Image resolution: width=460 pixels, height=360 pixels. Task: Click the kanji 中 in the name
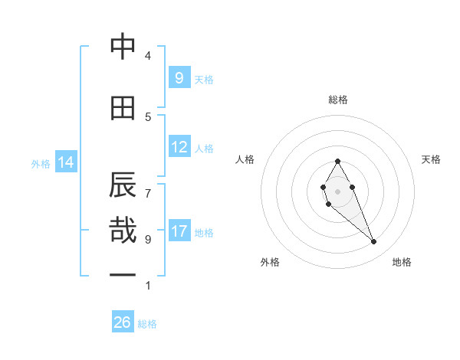pyautogui.click(x=123, y=47)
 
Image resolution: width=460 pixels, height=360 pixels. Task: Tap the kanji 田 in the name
pyautogui.click(x=123, y=108)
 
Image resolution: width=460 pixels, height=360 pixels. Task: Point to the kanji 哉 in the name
pyautogui.click(x=123, y=230)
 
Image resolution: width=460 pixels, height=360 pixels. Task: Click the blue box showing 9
pyautogui.click(x=179, y=78)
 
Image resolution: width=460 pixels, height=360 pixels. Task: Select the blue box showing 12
pyautogui.click(x=179, y=147)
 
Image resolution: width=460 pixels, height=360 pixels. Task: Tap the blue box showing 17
pyautogui.click(x=179, y=231)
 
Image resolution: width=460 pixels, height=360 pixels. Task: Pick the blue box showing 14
pyautogui.click(x=66, y=162)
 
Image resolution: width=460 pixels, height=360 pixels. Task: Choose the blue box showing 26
pyautogui.click(x=123, y=322)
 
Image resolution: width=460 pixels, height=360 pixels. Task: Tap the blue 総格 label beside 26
pyautogui.click(x=147, y=324)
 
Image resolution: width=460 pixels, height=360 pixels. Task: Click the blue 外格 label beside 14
pyautogui.click(x=41, y=163)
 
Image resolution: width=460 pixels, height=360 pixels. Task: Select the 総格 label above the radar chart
pyautogui.click(x=337, y=100)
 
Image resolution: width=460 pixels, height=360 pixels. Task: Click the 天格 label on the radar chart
pyautogui.click(x=431, y=159)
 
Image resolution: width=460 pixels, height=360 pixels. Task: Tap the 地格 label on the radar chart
pyautogui.click(x=402, y=262)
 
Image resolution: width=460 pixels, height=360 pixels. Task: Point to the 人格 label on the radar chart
pyautogui.click(x=245, y=159)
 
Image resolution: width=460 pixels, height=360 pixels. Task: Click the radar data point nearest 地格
pyautogui.click(x=373, y=242)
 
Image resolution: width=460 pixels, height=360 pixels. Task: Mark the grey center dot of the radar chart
pyautogui.click(x=337, y=191)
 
